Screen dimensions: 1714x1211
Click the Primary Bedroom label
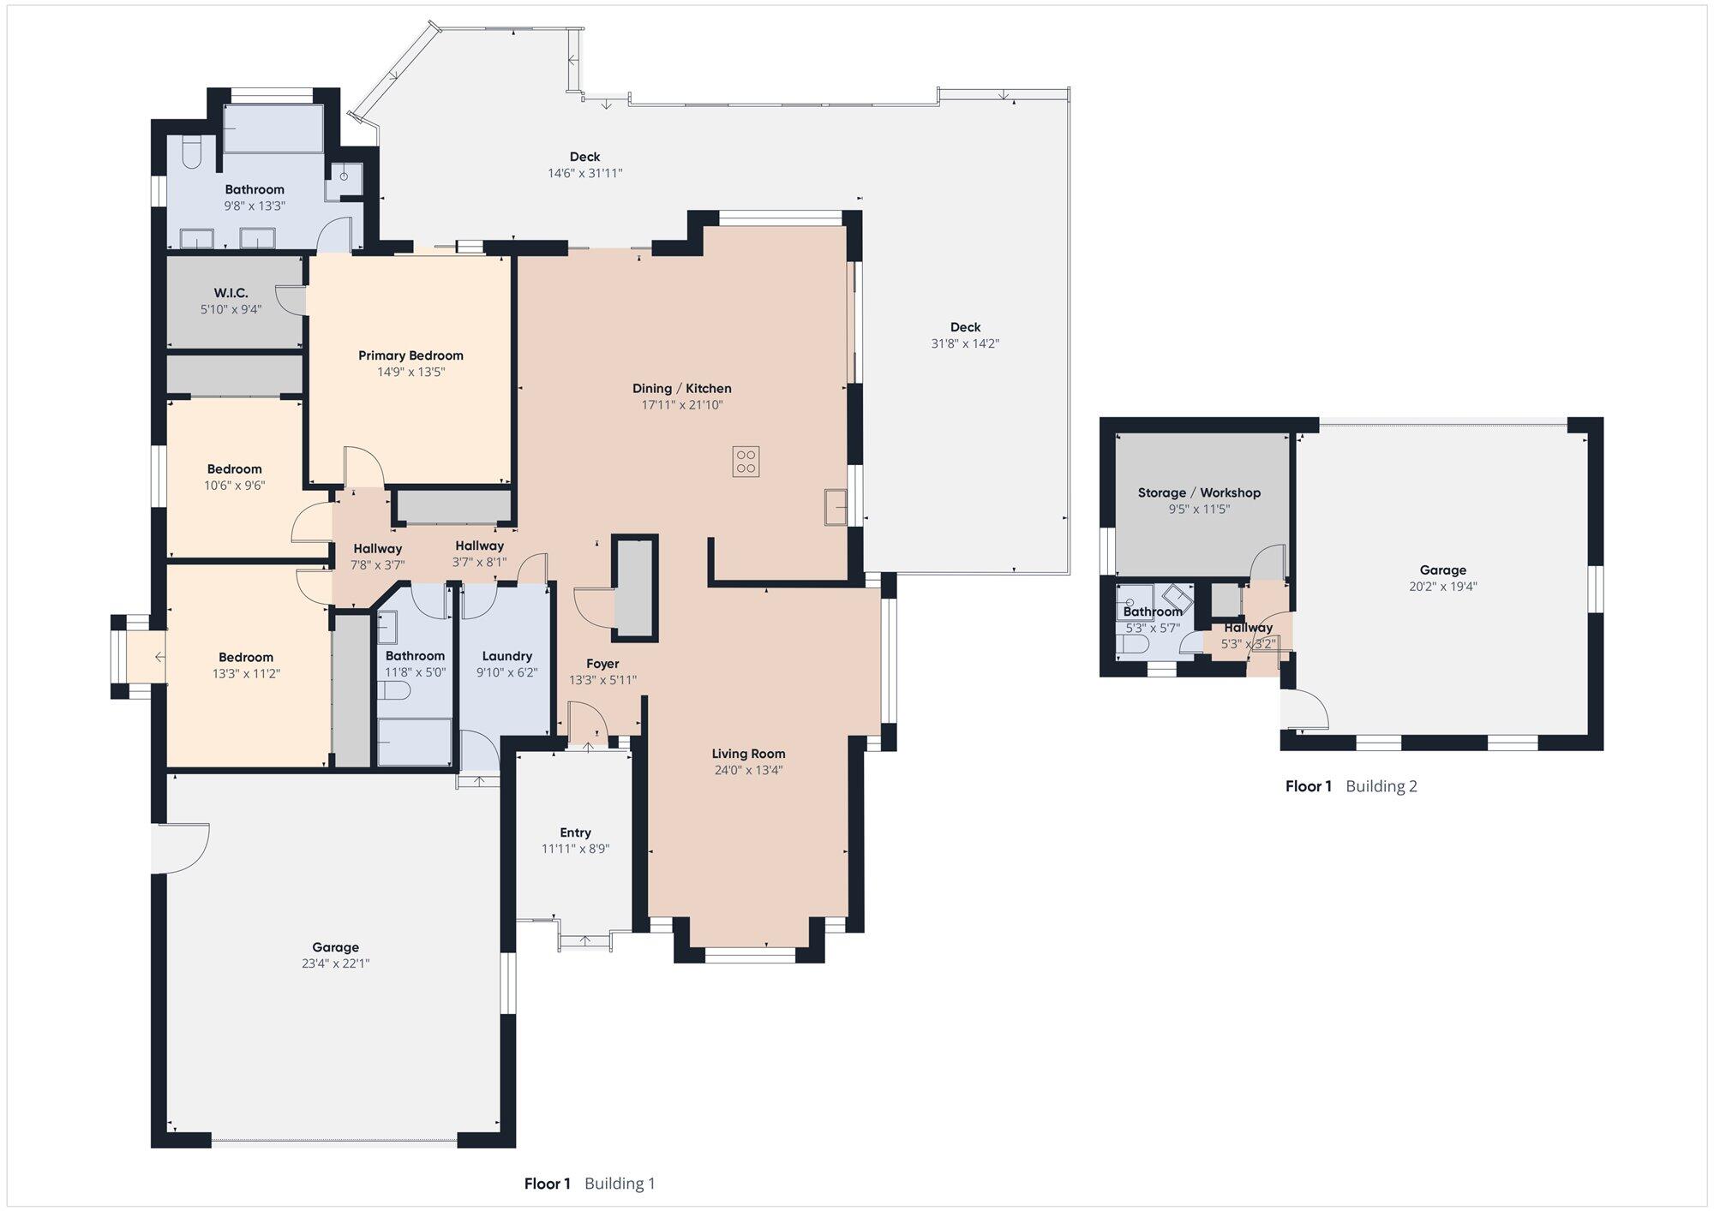(x=411, y=355)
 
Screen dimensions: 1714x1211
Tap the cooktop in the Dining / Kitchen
(x=746, y=462)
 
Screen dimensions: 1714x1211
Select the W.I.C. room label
(x=231, y=293)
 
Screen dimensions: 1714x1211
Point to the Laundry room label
(x=507, y=657)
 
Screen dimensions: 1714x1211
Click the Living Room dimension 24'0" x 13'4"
(x=748, y=770)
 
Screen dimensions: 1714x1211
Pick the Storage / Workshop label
(x=1199, y=492)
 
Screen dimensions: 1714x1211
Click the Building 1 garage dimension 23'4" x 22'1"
(x=335, y=963)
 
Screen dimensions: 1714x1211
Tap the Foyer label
(x=602, y=664)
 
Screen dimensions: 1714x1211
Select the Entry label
(x=575, y=832)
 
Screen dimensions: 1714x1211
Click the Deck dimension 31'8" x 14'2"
(x=965, y=343)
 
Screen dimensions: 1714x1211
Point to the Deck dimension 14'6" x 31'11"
(x=585, y=173)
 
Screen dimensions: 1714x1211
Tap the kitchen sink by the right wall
(x=836, y=506)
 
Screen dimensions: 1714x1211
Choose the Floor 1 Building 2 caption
(x=1351, y=786)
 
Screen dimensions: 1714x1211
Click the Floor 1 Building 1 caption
(x=590, y=1184)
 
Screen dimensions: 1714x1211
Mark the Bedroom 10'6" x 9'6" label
(x=234, y=469)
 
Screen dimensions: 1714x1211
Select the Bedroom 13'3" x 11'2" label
(x=245, y=658)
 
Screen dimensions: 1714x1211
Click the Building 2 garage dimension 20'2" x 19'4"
(x=1443, y=587)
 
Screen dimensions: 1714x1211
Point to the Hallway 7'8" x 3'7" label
(x=377, y=549)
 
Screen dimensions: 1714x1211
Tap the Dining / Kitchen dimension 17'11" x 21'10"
(x=682, y=405)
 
